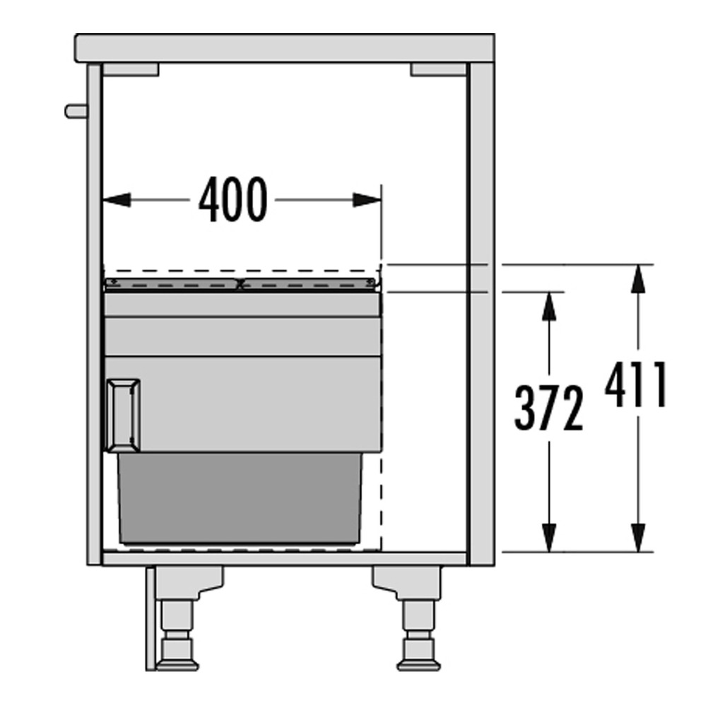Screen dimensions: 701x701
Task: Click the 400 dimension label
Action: point(233,199)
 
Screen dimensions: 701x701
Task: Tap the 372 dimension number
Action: point(548,408)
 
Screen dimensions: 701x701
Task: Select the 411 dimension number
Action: point(635,384)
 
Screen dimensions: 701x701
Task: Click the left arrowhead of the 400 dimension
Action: point(117,200)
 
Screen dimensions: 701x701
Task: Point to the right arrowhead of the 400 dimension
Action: point(367,200)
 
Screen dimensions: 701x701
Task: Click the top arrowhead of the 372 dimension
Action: point(548,306)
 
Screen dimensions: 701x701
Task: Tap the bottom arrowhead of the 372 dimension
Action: point(548,537)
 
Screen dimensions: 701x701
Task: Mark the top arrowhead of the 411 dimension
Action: point(638,279)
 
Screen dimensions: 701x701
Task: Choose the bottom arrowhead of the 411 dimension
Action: point(638,537)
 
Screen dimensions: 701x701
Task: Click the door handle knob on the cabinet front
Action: point(76,112)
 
